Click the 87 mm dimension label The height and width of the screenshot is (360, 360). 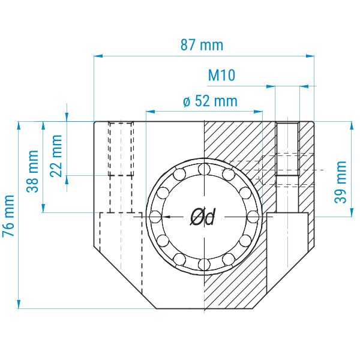tap(202, 44)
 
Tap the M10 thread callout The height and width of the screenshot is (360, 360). tap(221, 76)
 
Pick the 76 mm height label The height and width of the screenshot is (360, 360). tap(10, 216)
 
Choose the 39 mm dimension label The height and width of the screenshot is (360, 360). tap(341, 182)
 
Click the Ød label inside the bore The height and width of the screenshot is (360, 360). tap(202, 217)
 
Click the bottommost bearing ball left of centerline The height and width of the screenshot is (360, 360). tap(179, 259)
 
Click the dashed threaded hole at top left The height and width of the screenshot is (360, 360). tap(121, 148)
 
